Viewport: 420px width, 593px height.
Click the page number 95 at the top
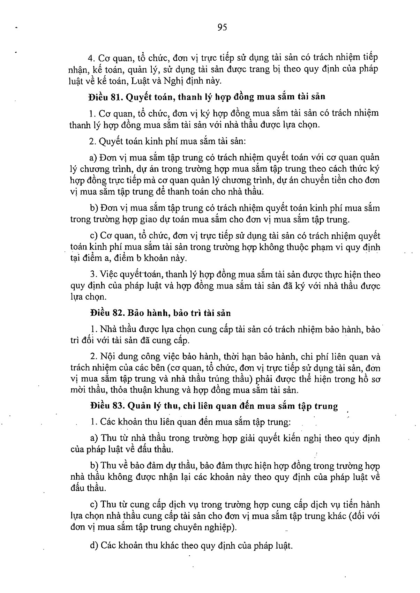222,28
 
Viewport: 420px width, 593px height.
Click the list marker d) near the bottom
94,546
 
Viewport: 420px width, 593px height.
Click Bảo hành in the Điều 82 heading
146,313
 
